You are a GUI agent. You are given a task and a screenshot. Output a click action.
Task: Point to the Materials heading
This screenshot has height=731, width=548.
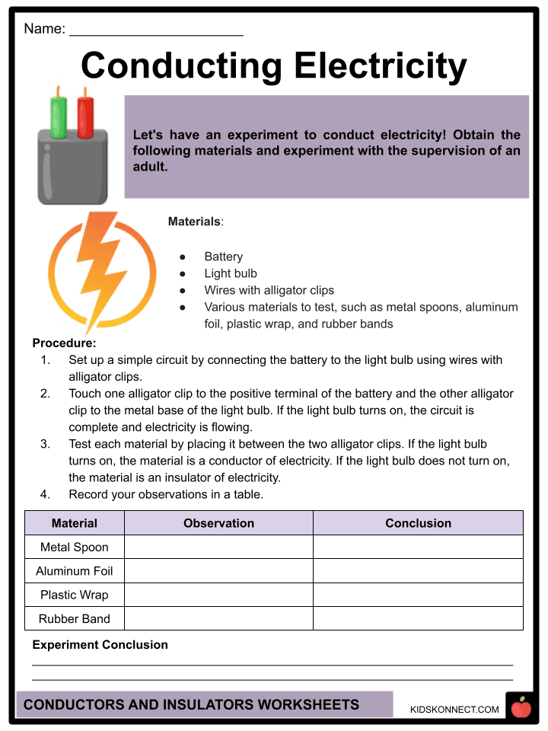[194, 222]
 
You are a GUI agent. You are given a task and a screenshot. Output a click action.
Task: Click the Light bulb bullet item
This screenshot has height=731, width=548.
[231, 273]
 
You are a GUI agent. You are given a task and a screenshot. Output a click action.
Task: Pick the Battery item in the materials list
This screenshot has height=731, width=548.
[223, 257]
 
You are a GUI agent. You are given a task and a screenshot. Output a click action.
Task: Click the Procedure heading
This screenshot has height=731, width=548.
[64, 343]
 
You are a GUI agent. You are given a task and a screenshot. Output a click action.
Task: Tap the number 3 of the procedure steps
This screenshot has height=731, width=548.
[46, 444]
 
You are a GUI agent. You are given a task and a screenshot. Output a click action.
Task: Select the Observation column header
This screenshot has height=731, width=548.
[218, 523]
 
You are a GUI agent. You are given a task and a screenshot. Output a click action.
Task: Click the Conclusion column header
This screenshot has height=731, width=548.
[418, 523]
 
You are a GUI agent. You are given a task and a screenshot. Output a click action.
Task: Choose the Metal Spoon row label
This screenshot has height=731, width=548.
[75, 547]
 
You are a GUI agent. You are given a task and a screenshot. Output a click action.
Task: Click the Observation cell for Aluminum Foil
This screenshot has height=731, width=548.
[218, 571]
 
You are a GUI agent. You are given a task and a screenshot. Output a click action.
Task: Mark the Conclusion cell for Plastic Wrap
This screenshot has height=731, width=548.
[418, 595]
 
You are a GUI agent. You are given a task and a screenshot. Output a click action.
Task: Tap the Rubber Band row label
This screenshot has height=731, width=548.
[75, 618]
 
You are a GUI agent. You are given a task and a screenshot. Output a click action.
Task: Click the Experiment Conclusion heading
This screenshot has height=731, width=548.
[100, 645]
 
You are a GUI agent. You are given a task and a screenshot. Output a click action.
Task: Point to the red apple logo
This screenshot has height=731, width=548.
[521, 707]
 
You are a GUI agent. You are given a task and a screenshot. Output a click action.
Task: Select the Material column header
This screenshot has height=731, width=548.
[75, 523]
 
